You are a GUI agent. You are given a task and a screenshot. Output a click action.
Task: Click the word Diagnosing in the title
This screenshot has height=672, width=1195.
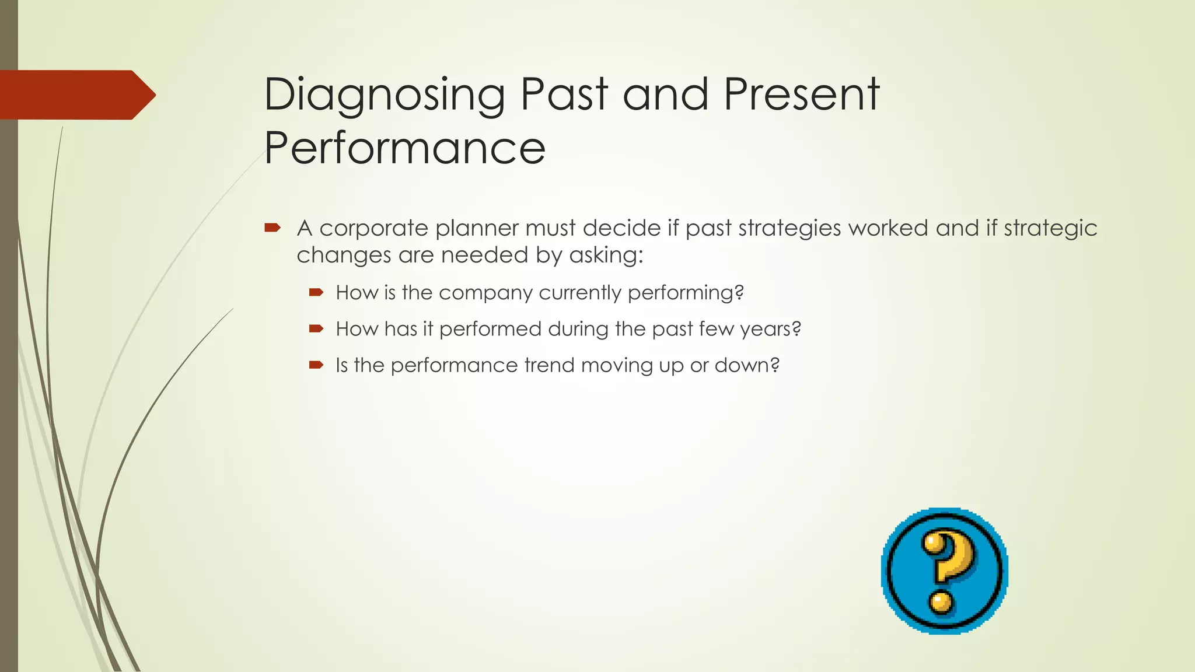384,95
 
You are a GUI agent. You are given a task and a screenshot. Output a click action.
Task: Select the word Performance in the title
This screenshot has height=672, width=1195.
404,148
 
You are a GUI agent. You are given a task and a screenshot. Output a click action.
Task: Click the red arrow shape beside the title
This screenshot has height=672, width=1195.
76,94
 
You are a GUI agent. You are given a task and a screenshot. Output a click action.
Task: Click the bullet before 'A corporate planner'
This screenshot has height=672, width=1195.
272,228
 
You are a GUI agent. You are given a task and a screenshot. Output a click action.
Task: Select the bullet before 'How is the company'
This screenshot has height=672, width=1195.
316,292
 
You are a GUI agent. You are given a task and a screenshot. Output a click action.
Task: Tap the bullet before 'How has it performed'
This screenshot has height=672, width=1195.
316,329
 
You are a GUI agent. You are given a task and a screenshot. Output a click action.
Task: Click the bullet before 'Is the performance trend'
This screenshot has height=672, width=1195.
316,365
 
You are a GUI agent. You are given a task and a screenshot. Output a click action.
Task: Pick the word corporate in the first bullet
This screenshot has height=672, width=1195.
373,228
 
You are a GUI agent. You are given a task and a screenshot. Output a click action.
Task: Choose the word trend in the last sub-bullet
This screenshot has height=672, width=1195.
549,366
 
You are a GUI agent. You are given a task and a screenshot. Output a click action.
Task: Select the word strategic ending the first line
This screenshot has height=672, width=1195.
1050,228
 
